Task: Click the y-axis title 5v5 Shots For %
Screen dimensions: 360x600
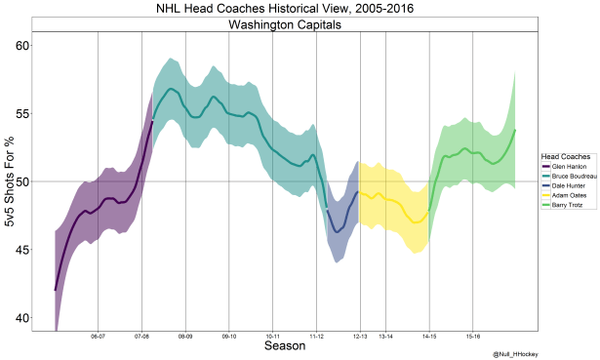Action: click(x=9, y=181)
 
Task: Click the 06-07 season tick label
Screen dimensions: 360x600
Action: click(x=98, y=336)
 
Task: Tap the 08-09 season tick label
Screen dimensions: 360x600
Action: click(x=184, y=336)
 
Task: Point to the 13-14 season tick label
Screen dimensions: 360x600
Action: click(x=385, y=336)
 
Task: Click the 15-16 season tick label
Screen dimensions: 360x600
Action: click(x=472, y=336)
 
